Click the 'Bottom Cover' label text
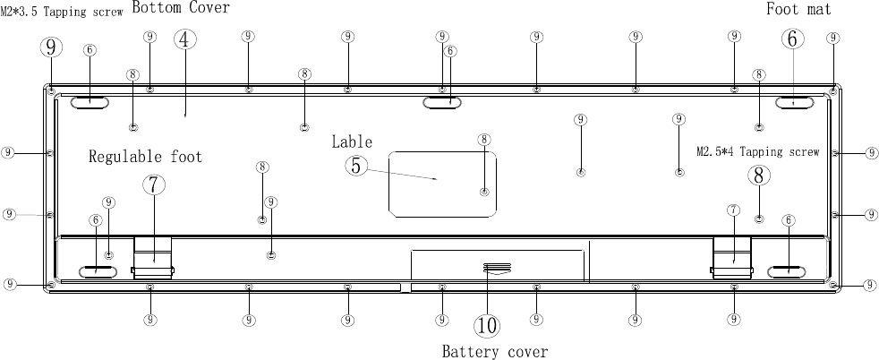pos(181,8)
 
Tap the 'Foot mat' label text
pos(798,9)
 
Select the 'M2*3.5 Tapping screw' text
pos(62,13)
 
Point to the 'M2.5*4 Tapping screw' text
pos(757,152)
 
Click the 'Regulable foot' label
pos(145,158)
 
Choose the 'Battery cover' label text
pos(494,351)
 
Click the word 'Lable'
pos(352,141)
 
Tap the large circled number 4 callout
pos(183,40)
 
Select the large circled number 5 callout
pos(357,166)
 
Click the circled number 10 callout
pos(488,324)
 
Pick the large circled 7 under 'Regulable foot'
pos(154,184)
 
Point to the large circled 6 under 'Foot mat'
pos(793,39)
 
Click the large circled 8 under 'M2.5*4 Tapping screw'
pos(759,176)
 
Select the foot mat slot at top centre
pos(442,103)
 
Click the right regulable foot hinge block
pos(732,258)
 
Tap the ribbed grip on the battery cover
pos(493,267)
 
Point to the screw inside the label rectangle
pos(484,192)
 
